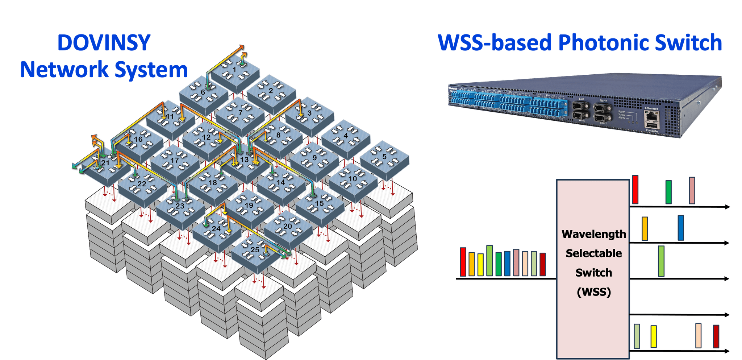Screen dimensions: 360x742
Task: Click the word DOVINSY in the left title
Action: (104, 43)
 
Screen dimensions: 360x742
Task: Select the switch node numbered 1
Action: (234, 70)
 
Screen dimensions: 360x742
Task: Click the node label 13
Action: (245, 159)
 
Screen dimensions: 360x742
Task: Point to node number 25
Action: (255, 249)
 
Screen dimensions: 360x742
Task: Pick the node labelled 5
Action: (384, 157)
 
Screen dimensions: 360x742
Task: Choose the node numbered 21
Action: (105, 163)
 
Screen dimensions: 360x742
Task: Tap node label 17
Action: (175, 160)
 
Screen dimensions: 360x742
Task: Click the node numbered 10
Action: (353, 179)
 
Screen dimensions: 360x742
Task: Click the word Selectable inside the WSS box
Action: (593, 253)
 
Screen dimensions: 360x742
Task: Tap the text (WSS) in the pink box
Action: (593, 292)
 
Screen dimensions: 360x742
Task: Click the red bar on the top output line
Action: (635, 190)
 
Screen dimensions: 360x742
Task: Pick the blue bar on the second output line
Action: (681, 228)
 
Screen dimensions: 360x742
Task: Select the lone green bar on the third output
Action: (661, 261)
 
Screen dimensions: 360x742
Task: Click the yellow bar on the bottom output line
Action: (654, 336)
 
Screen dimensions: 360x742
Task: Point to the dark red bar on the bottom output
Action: (716, 336)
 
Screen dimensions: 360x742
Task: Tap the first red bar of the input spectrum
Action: (463, 262)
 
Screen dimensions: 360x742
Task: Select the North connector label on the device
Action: (603, 101)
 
